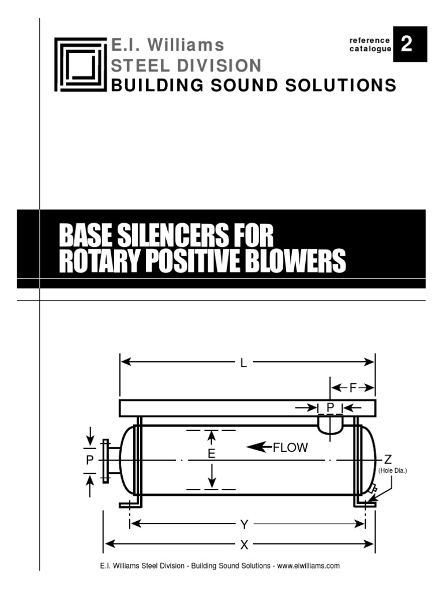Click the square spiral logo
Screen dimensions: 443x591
click(x=81, y=64)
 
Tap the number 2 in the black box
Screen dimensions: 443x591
click(x=410, y=44)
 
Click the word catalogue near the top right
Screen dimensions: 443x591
click(x=370, y=50)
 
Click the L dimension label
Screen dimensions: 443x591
click(x=244, y=363)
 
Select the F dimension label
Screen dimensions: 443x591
click(x=353, y=388)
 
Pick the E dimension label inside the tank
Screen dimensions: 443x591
click(x=212, y=454)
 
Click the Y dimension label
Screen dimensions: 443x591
click(x=244, y=524)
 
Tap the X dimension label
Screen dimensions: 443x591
click(x=244, y=545)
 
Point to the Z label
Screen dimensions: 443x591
click(x=388, y=459)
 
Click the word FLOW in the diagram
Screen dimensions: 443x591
click(x=290, y=447)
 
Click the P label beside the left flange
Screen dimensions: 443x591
click(x=89, y=460)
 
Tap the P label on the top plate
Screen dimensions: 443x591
click(x=331, y=407)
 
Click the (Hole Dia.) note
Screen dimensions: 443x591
click(x=392, y=471)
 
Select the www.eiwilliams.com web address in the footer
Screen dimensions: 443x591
click(x=309, y=566)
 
